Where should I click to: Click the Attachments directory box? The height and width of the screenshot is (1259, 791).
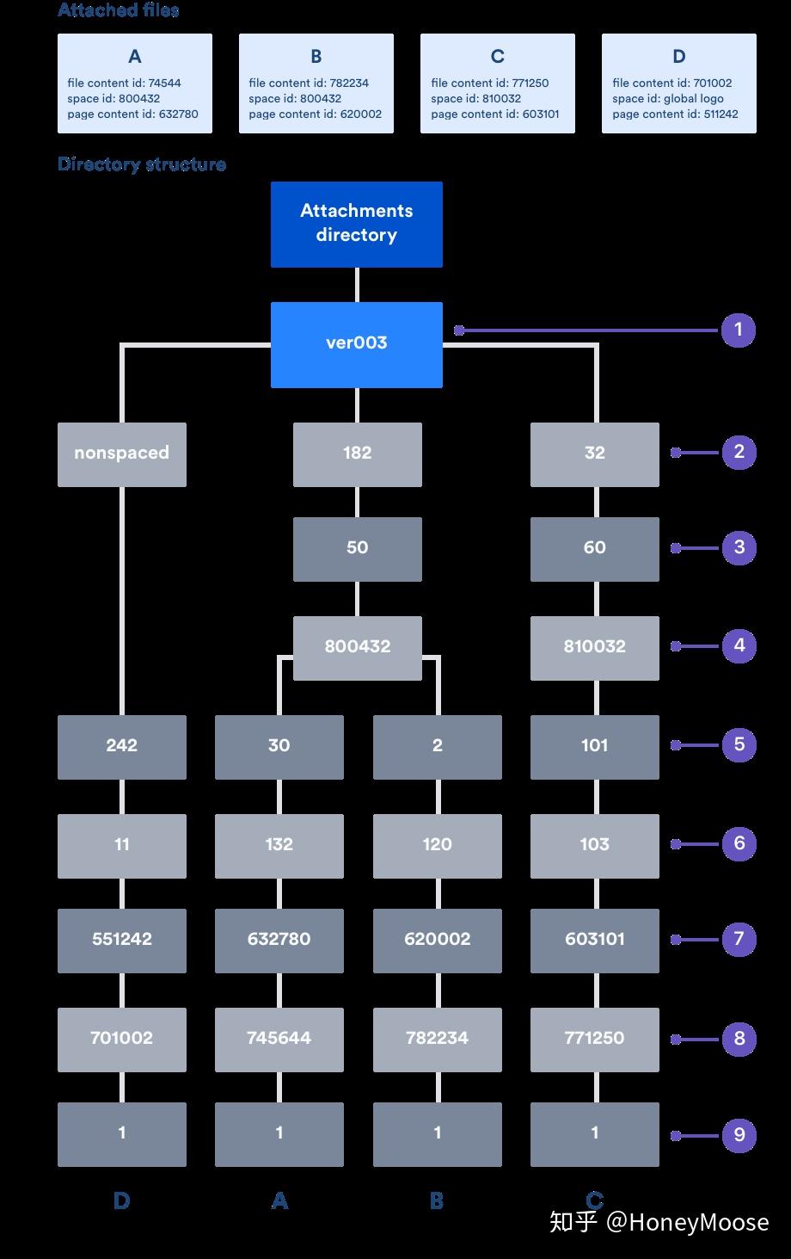356,224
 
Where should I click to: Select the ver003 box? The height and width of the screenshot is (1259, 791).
356,343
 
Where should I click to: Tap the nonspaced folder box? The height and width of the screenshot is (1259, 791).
121,454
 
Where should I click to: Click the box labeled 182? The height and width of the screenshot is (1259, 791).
357,454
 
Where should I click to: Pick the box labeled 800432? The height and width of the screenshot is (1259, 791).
357,647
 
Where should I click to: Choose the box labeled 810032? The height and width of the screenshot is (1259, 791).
594,647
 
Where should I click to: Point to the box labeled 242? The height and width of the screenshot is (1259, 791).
121,746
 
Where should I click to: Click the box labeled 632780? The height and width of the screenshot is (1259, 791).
279,940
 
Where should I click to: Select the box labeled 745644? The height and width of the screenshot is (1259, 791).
279,1039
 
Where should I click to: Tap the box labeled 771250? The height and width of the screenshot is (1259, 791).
594,1039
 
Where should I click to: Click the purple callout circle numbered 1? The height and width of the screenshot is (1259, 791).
738,330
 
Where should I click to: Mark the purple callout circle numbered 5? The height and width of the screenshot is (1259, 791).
739,744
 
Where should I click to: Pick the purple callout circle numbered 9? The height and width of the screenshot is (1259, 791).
739,1135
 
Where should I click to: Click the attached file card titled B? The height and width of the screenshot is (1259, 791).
316,83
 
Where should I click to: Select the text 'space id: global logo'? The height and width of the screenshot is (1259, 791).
668,99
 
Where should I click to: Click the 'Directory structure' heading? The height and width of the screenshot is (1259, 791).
142,164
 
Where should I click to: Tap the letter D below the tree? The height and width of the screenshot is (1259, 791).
121,1201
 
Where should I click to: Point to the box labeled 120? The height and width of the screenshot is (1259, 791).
437,845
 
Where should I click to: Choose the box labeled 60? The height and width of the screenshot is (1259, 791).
594,548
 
